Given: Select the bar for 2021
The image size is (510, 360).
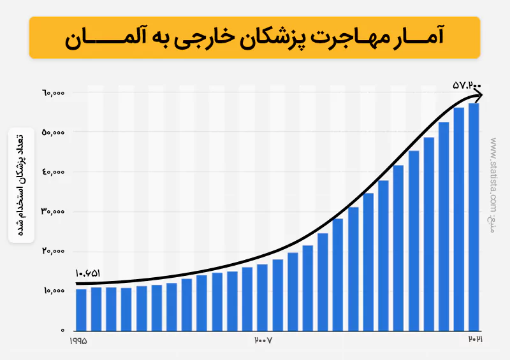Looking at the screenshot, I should point(474,217).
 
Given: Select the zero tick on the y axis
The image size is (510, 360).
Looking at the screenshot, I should point(63,330).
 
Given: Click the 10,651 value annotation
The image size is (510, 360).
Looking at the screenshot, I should point(87,272).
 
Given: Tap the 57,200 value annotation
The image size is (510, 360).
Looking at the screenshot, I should point(467,84).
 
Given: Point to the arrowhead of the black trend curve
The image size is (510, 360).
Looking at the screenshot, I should point(480,95).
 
